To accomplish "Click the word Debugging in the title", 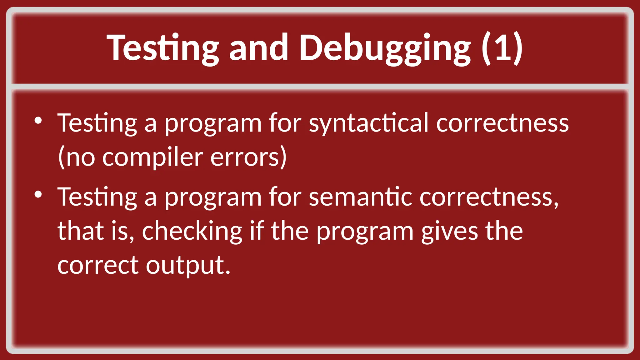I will point(385,48).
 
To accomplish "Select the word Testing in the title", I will point(162,48).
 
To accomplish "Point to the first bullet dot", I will point(38,121).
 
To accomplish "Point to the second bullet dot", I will point(38,195).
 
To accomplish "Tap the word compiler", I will point(153,157).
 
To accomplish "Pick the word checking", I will point(192,232).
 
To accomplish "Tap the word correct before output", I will point(98,265).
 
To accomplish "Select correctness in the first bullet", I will point(502,124).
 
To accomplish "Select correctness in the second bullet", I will point(489,197).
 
